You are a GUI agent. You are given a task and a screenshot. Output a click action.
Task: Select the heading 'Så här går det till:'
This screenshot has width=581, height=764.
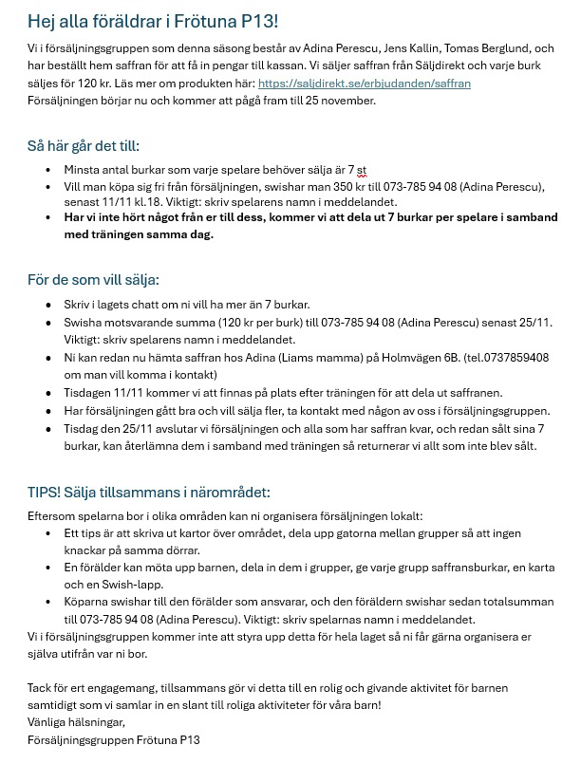click(84, 146)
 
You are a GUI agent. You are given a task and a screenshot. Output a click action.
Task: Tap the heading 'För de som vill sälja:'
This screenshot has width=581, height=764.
click(93, 280)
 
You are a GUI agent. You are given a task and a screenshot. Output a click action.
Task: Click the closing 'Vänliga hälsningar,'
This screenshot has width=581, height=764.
click(76, 722)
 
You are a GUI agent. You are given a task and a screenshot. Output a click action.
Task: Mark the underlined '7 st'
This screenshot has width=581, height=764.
click(357, 170)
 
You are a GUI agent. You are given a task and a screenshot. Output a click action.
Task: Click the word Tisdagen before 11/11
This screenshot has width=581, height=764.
click(88, 393)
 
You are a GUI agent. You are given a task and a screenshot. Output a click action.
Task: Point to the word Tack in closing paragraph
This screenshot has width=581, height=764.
click(40, 687)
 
